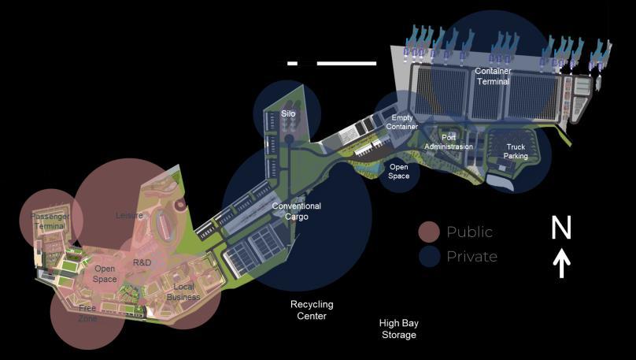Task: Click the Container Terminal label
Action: point(493,76)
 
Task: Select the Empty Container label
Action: point(401,122)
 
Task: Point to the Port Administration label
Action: point(449,143)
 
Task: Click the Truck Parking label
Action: point(516,151)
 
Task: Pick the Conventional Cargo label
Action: point(297,211)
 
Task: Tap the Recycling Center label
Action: point(312,310)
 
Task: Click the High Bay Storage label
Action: point(397,328)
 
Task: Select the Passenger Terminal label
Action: point(50,221)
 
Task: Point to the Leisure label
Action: point(129,215)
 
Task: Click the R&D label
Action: point(142,262)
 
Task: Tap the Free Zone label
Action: point(87,314)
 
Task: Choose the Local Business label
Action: point(183,291)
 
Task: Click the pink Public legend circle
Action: point(429,232)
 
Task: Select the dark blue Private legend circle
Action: point(429,256)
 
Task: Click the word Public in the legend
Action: point(469,232)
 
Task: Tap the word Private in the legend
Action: point(471,256)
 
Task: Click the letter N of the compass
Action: point(560,228)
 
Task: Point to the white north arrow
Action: point(561,264)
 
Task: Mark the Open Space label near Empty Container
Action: point(399,171)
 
